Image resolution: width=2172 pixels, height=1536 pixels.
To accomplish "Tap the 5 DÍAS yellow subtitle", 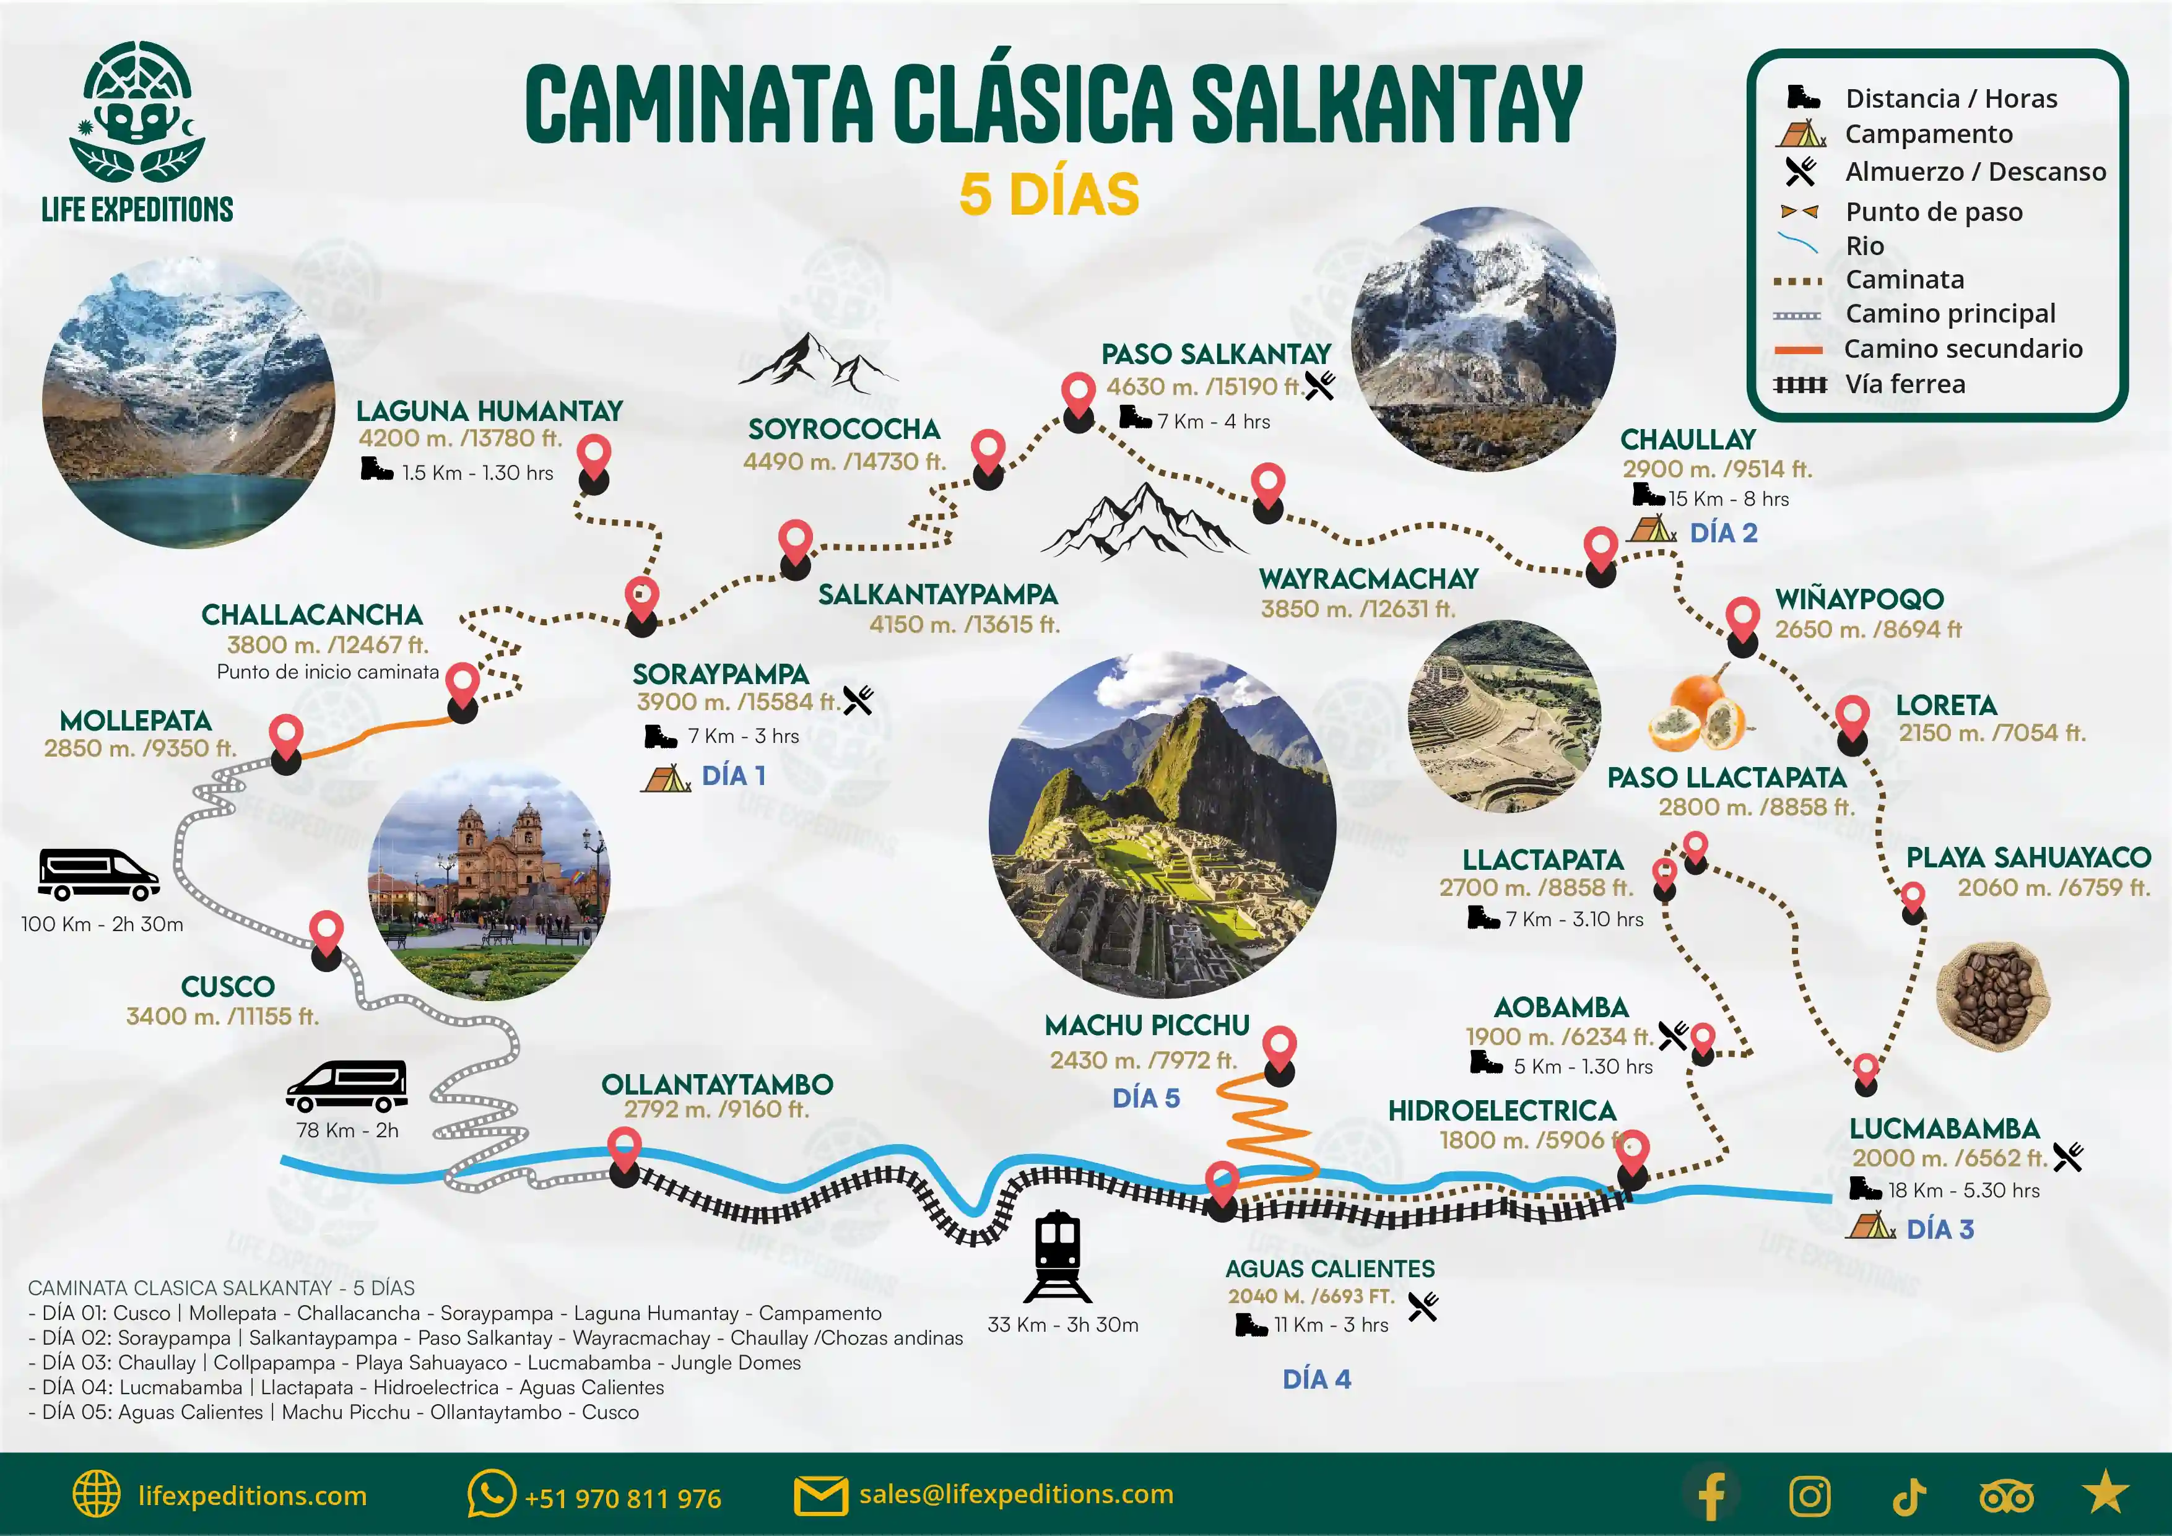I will tap(1049, 194).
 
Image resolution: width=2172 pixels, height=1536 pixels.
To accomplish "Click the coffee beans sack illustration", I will tap(1992, 995).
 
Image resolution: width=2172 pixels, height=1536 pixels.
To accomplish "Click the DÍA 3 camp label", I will tap(1939, 1230).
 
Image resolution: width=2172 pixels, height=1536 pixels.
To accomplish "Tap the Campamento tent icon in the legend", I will tap(1801, 135).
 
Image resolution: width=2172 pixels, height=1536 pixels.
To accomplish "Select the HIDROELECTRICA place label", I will tap(1501, 1111).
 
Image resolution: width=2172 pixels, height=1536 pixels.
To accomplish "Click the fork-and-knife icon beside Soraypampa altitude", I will tap(857, 700).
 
